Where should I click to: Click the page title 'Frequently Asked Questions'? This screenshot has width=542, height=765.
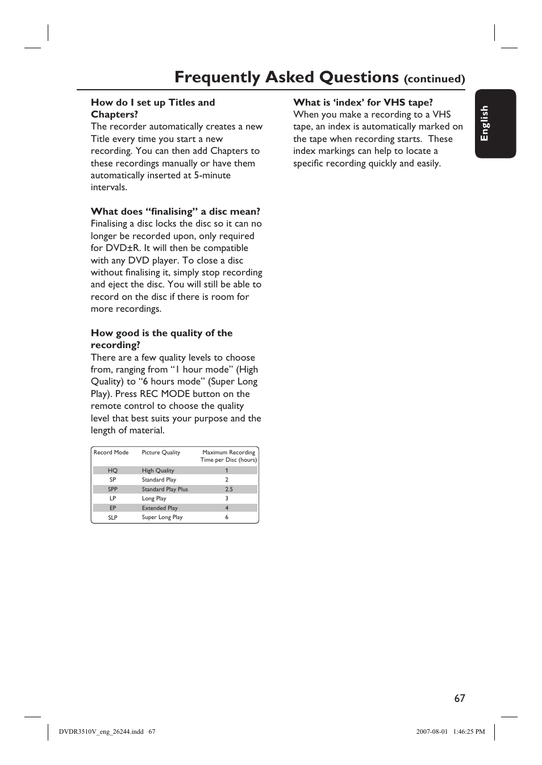286,77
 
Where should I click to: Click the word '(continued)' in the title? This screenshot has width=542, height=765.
434,79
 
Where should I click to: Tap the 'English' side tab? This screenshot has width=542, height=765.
485,123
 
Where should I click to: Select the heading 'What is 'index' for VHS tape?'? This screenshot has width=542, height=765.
363,102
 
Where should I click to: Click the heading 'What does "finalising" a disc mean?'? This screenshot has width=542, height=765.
176,211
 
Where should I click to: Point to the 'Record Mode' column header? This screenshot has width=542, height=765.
111,453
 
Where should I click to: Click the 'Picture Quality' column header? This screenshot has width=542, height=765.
161,453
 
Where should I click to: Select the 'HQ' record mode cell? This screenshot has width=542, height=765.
112,470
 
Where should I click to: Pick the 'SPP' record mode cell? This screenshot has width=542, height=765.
112,489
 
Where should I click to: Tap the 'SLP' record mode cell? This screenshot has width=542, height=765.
112,517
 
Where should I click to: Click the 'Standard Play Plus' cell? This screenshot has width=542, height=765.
165,489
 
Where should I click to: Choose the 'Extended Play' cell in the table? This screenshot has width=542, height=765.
160,508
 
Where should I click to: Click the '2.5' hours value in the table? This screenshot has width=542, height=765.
228,489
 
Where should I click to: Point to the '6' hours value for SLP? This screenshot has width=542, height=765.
227,517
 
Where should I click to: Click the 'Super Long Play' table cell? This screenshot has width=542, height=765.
162,517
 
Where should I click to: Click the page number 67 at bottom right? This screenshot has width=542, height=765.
460,699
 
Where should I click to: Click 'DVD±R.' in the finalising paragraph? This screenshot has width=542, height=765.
123,248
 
